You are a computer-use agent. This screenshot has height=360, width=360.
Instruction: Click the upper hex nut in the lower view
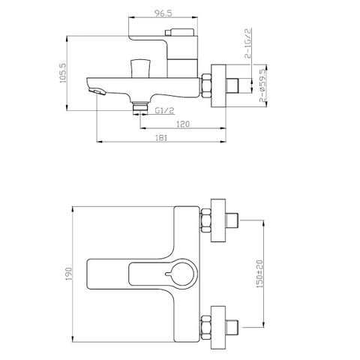(x=205, y=222)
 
